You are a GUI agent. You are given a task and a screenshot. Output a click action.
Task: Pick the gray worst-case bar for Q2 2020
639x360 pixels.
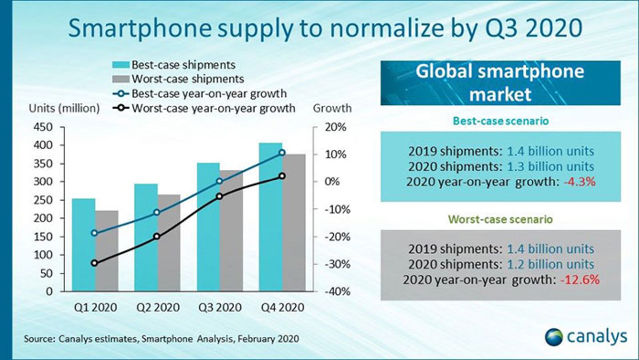(x=169, y=243)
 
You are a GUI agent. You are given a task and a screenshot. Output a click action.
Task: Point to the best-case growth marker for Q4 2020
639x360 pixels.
(x=282, y=153)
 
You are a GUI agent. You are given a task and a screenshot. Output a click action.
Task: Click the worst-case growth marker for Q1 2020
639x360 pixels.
(x=94, y=263)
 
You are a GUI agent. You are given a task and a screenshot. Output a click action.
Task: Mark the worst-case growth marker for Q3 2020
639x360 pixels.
(x=219, y=196)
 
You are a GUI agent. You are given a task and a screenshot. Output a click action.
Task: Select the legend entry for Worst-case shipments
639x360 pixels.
(x=178, y=79)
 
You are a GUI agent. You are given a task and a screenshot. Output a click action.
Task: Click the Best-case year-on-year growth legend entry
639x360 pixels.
(x=200, y=94)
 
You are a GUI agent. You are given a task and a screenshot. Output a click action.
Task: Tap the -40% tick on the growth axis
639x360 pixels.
(x=337, y=292)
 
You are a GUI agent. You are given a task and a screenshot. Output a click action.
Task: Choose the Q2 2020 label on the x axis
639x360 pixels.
(x=158, y=307)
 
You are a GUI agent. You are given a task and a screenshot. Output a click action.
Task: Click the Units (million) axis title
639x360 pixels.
(x=64, y=108)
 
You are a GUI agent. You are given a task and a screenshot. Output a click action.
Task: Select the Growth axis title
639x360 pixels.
(x=332, y=108)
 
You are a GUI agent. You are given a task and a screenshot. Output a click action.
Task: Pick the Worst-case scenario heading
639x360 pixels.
(x=500, y=219)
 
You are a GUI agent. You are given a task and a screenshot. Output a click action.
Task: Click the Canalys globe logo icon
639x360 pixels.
(x=554, y=337)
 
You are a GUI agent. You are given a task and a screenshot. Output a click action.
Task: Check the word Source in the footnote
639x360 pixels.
(x=38, y=339)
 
